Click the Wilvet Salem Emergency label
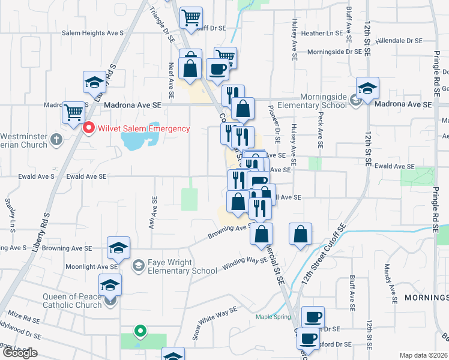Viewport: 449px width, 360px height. coord(144,128)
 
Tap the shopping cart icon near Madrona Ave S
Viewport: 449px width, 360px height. coord(74,112)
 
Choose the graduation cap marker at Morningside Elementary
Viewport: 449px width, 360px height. coord(367,88)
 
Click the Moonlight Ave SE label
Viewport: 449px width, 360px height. coord(91,266)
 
